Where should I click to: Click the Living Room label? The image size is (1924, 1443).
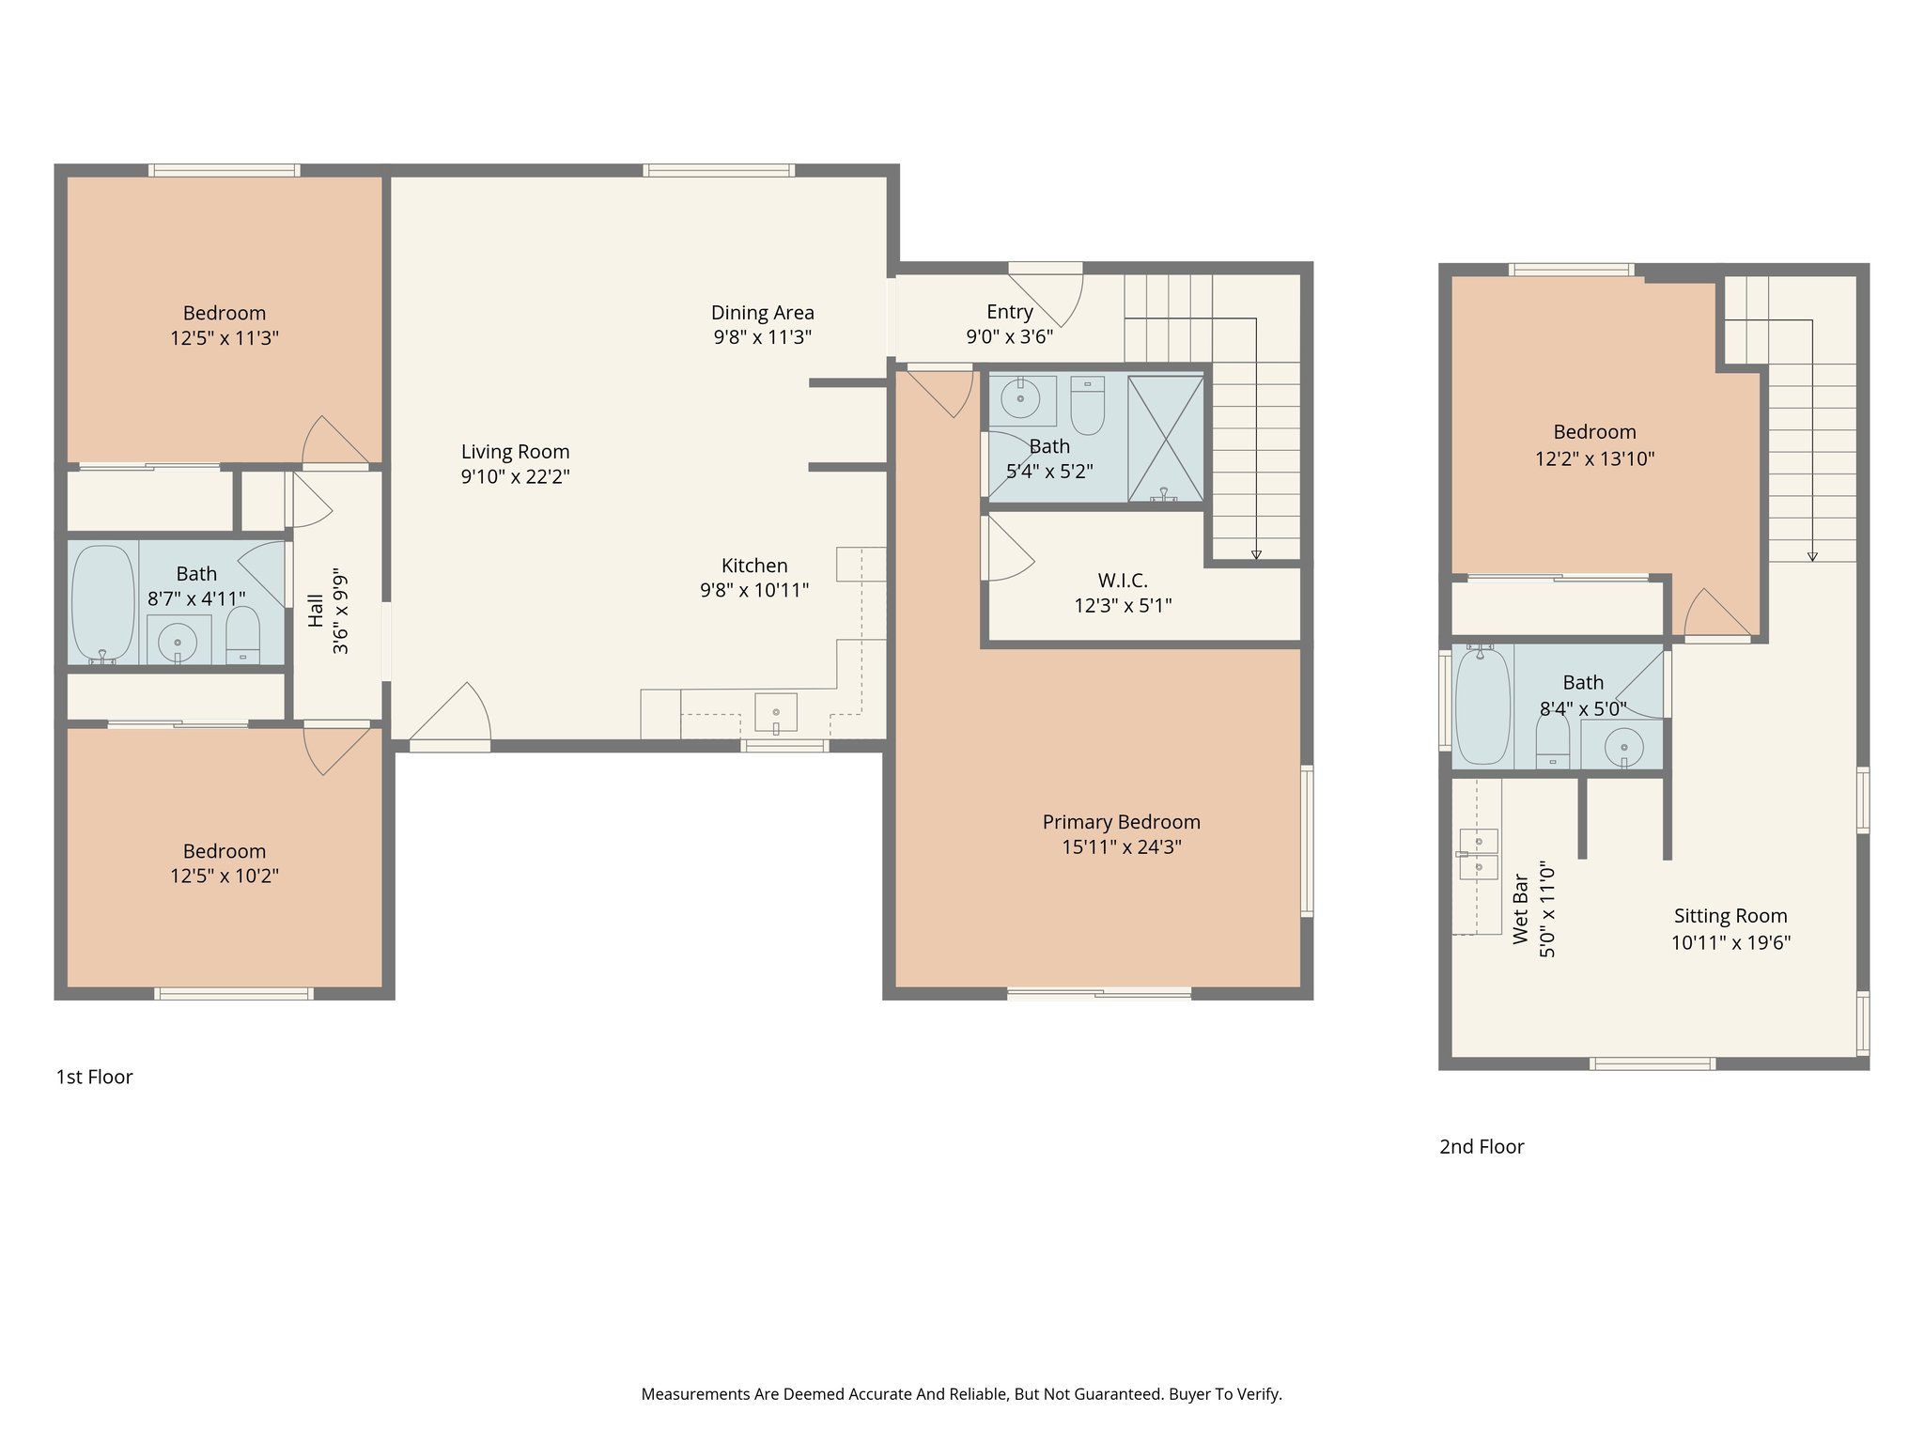click(x=515, y=452)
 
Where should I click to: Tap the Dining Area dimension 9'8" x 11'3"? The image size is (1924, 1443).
click(x=762, y=337)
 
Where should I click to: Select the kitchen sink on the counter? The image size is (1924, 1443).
click(x=776, y=712)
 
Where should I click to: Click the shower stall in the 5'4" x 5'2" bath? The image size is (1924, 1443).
click(x=1165, y=438)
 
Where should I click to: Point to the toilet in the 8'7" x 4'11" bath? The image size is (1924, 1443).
click(x=243, y=635)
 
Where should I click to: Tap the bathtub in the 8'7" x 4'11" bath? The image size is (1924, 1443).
click(x=102, y=603)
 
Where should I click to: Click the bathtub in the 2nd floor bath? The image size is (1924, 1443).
click(x=1482, y=705)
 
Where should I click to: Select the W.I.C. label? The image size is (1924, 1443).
click(x=1123, y=581)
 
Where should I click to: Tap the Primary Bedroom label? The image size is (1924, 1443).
click(x=1121, y=822)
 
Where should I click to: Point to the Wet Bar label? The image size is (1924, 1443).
click(x=1521, y=908)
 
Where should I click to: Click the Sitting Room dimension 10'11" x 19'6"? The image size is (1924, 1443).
click(x=1730, y=942)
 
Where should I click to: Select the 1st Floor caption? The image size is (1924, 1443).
click(x=94, y=1077)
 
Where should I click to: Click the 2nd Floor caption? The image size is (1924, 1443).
click(x=1482, y=1146)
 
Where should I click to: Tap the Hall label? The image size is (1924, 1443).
click(x=317, y=611)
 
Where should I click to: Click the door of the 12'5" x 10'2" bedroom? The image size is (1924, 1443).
click(x=334, y=747)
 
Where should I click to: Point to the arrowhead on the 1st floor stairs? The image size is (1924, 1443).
click(x=1256, y=554)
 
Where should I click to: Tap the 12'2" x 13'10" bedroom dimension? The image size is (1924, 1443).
click(x=1594, y=458)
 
